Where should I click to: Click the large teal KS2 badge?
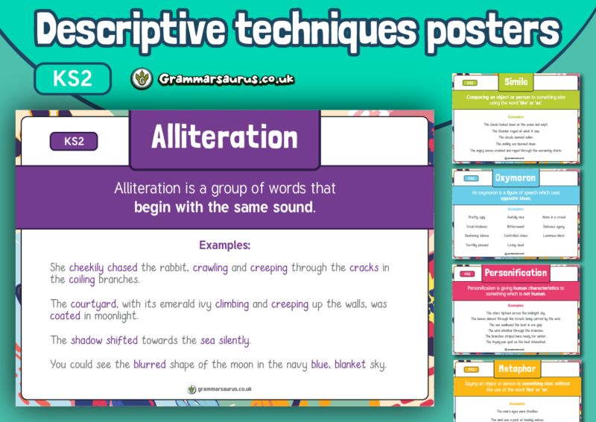click(x=72, y=78)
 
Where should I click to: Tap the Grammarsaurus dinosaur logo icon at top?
click(x=142, y=78)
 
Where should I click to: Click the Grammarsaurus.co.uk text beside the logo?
click(x=226, y=78)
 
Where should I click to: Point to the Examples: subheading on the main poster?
click(x=224, y=245)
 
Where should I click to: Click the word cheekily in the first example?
click(x=86, y=268)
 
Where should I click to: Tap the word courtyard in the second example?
click(x=94, y=303)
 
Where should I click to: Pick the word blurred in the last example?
click(x=150, y=365)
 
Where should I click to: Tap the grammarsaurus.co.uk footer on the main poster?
click(x=224, y=388)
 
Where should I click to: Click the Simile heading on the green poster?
click(x=516, y=82)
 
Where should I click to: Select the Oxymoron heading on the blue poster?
click(x=516, y=178)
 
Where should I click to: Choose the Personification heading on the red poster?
click(x=516, y=273)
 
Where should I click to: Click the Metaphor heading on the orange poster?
click(x=516, y=369)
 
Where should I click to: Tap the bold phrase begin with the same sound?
click(x=224, y=207)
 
